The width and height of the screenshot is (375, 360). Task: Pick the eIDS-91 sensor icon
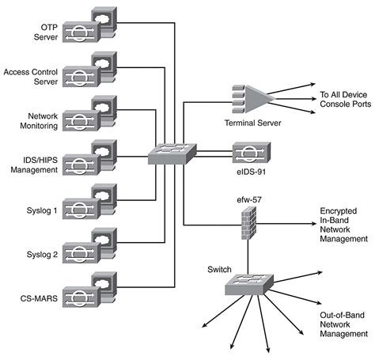251,150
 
